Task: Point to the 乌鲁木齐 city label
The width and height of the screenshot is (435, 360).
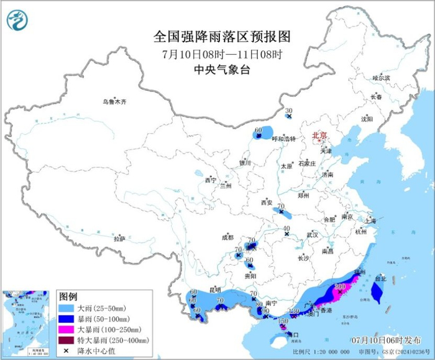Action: pyautogui.click(x=114, y=102)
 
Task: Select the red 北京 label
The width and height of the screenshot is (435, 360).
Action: pyautogui.click(x=319, y=135)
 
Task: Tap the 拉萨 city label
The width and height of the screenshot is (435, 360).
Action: pyautogui.click(x=119, y=239)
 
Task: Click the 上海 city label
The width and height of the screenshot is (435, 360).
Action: pyautogui.click(x=371, y=220)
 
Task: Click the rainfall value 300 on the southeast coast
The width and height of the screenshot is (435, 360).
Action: pyautogui.click(x=340, y=287)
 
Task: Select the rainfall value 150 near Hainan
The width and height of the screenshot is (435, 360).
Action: pyautogui.click(x=283, y=320)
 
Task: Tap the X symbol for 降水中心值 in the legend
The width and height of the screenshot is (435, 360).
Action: pyautogui.click(x=65, y=351)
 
